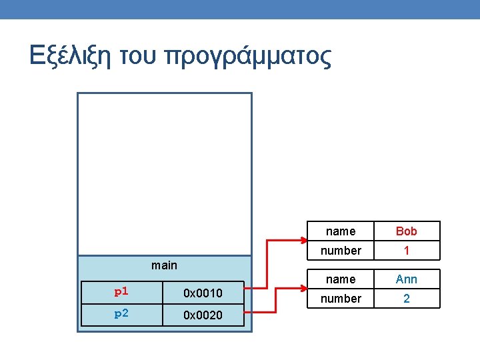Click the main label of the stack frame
coord(164,265)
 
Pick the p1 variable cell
coord(121,292)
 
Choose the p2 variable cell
coord(121,314)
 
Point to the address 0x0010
coord(203,293)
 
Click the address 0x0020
coord(203,315)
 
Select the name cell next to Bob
coord(341,231)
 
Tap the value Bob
coord(406,231)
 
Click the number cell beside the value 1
coord(341,251)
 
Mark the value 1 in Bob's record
coord(406,251)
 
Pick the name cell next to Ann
coord(341,279)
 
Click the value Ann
coord(406,279)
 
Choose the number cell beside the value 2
coord(341,299)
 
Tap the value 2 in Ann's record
coord(406,299)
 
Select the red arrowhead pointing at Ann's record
coord(301,288)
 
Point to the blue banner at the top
coord(240,9)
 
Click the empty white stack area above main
coord(165,173)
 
